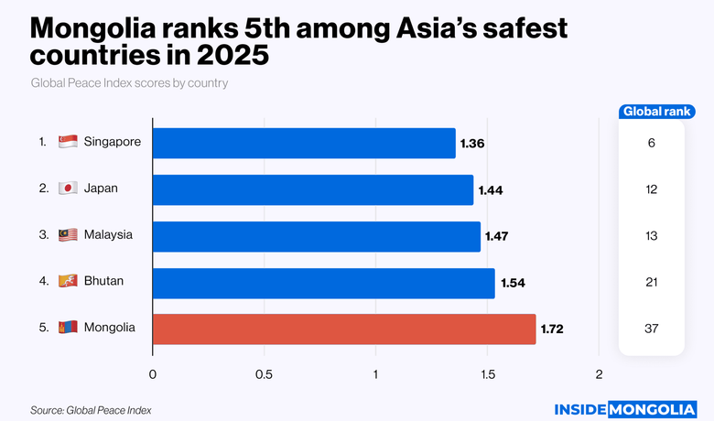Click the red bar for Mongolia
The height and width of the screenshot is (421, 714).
point(343,329)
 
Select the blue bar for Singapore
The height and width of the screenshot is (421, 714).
point(303,143)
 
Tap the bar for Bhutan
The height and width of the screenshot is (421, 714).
point(323,283)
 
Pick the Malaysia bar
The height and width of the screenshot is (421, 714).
point(316,236)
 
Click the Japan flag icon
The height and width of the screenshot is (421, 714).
point(67,189)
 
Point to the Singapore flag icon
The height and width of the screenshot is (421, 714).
point(67,142)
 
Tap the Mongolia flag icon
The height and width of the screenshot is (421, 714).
point(67,328)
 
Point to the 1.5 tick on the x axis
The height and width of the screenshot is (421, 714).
point(487,374)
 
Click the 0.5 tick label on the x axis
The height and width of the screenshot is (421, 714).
point(264,374)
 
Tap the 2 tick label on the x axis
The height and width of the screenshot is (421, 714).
point(600,374)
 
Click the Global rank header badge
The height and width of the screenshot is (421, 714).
point(652,112)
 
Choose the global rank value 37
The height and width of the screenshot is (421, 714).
point(652,329)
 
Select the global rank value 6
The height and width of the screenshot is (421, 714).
point(652,143)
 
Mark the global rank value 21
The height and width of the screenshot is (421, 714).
point(652,282)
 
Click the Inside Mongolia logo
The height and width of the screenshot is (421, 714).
point(626,409)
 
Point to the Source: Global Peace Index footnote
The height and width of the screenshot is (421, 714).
point(91,410)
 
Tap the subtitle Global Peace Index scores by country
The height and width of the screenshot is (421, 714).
point(129,83)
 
